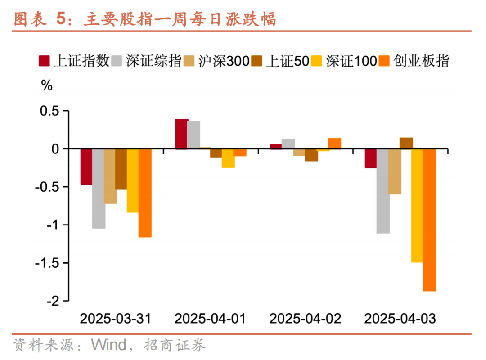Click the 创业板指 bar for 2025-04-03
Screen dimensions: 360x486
tap(429, 220)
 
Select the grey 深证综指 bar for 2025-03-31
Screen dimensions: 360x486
tap(99, 188)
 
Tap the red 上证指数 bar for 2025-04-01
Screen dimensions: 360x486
tap(182, 134)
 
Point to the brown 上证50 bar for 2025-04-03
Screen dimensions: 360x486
tap(406, 143)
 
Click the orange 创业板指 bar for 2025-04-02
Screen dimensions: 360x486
tap(334, 143)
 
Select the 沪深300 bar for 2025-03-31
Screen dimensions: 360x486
tap(110, 176)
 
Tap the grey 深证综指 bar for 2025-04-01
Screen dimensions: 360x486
tap(193, 135)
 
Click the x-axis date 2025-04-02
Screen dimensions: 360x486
tap(305, 319)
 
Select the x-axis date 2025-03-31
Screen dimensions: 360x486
tap(116, 319)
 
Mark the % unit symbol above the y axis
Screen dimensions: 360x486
tap(47, 86)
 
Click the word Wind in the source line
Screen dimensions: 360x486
tap(109, 345)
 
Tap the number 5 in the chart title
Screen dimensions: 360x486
tap(62, 19)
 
